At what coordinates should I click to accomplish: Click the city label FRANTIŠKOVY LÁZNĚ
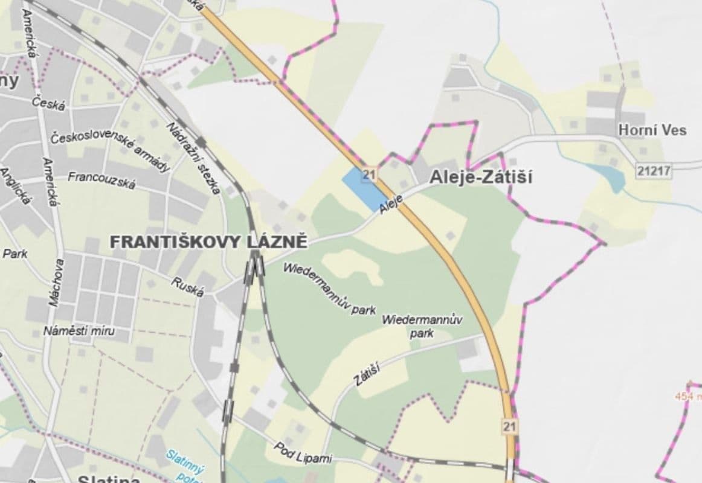[209, 242]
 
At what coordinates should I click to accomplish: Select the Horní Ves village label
[652, 130]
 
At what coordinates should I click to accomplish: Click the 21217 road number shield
[654, 171]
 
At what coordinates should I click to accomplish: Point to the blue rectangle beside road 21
[364, 189]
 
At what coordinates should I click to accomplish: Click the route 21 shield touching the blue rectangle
[370, 176]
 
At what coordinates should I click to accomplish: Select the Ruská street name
[188, 287]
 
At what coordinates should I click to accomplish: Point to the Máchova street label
[57, 283]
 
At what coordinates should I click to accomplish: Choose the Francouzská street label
[101, 179]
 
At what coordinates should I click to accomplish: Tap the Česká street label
[49, 103]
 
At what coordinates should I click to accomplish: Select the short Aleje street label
[391, 205]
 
